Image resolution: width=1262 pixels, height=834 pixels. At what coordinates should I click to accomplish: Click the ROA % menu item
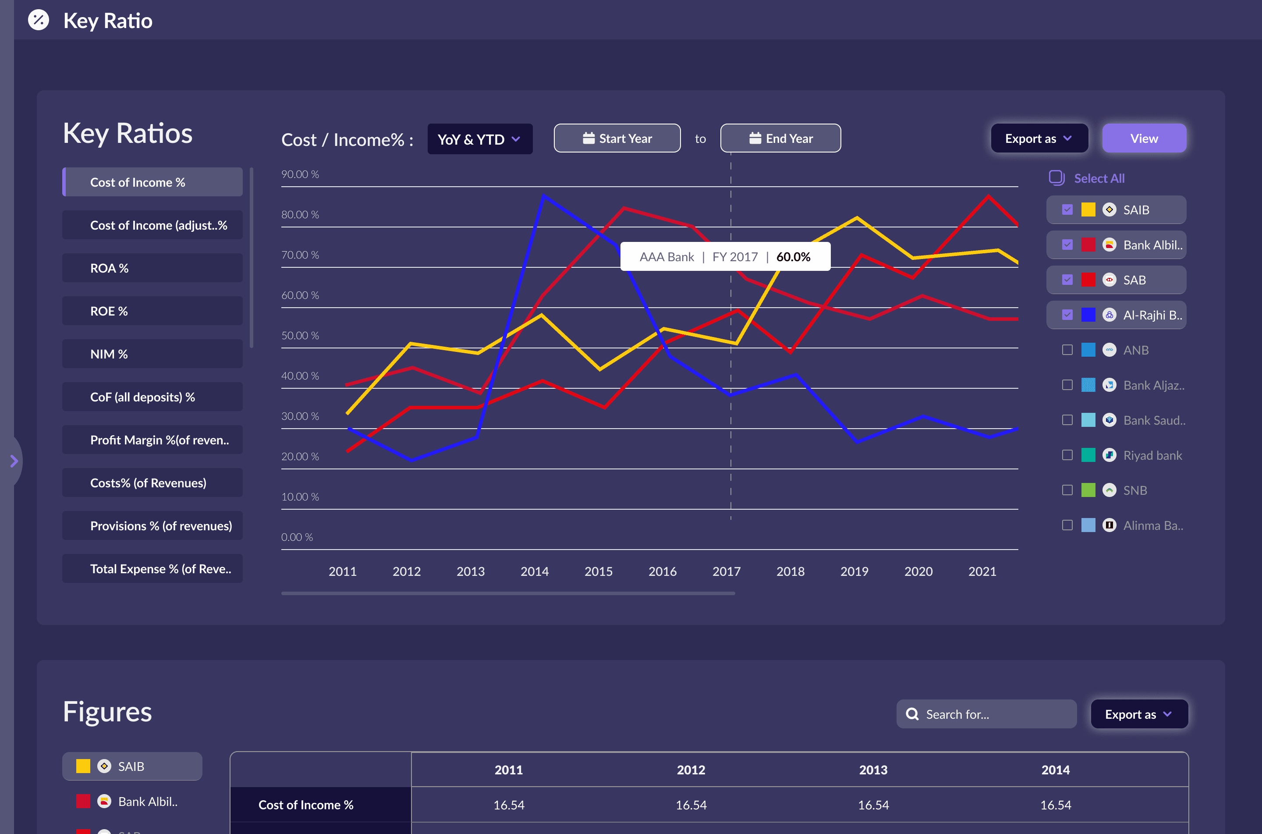(x=152, y=268)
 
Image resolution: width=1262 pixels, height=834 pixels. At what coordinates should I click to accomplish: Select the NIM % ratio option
(x=152, y=354)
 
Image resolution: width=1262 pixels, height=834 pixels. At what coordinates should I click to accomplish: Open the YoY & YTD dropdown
(x=479, y=139)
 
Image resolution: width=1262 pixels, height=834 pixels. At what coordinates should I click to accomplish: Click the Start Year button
(x=617, y=138)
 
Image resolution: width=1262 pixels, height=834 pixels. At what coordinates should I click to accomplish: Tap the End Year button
(x=780, y=138)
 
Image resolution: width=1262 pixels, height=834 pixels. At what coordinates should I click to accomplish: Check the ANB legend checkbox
(x=1067, y=350)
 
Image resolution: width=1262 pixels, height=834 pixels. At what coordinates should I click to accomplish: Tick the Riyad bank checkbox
(x=1067, y=455)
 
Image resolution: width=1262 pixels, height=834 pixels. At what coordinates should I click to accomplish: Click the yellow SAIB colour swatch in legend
(x=1088, y=209)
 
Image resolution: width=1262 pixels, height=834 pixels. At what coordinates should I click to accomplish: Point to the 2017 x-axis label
(x=726, y=571)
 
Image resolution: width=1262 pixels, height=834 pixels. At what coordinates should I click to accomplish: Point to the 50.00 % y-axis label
(x=300, y=336)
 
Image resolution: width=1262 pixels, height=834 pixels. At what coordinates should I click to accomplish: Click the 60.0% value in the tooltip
(x=793, y=257)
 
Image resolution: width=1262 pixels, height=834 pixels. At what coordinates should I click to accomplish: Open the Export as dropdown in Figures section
(x=1138, y=714)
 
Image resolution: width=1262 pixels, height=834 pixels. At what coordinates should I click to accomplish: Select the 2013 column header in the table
(x=873, y=770)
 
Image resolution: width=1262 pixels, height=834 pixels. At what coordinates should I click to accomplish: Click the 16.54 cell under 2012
(x=691, y=805)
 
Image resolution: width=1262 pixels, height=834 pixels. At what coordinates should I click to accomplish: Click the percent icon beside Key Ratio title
(x=38, y=20)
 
